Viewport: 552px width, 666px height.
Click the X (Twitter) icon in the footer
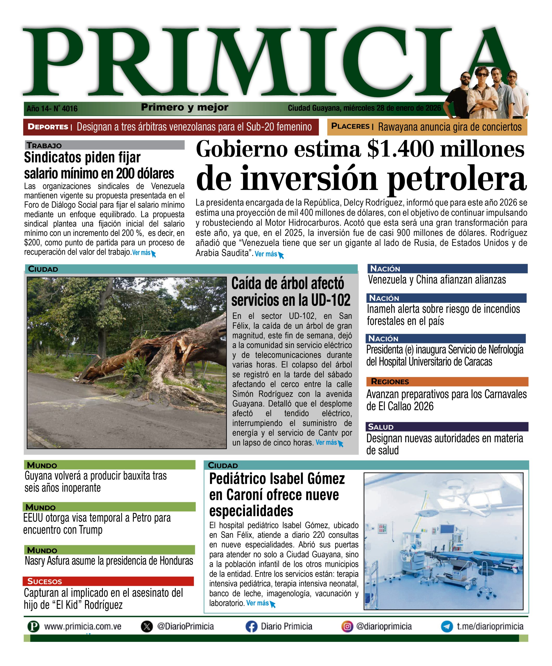(x=147, y=627)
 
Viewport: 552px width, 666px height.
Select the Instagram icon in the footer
(x=347, y=627)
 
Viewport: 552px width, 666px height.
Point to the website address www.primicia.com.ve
(x=83, y=627)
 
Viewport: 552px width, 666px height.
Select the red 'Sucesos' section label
(x=45, y=581)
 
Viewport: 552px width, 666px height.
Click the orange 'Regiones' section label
(x=390, y=382)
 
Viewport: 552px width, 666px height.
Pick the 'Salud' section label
(x=381, y=427)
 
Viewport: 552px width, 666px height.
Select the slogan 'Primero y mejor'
(x=185, y=107)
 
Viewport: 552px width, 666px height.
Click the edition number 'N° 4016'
(x=65, y=109)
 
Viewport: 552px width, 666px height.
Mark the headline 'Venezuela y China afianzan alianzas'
(x=437, y=280)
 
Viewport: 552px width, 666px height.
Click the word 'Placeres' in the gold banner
(x=350, y=126)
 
